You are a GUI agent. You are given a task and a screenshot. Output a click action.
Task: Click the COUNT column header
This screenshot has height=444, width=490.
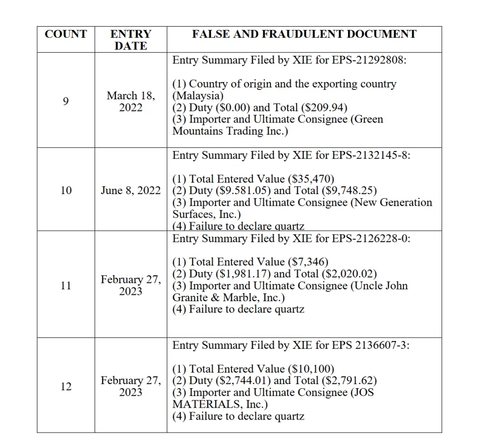point(66,34)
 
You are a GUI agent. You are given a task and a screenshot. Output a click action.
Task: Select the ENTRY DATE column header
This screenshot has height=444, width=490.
point(131,40)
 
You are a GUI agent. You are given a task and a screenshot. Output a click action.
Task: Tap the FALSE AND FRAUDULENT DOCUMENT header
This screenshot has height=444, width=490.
point(304,34)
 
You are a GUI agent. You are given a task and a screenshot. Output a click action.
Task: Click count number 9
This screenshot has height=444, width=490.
point(66,101)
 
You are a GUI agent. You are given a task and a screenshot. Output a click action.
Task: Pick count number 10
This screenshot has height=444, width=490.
point(66,190)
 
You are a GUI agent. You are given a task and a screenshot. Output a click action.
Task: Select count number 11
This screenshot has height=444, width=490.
point(66,286)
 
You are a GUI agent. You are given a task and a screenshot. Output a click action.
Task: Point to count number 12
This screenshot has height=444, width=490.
point(66,386)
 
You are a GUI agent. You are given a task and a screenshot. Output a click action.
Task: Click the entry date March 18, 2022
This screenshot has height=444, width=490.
point(131,102)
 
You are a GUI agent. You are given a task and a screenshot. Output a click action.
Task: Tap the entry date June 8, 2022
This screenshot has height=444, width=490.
point(131,190)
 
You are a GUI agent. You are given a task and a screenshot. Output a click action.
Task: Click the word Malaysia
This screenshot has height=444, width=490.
point(198,96)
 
